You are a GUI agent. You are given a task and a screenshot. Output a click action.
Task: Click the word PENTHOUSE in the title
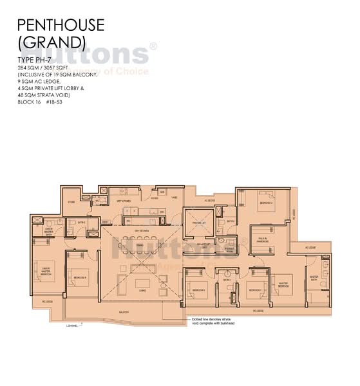(60, 25)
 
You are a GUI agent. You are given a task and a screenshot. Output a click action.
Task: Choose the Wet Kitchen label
(124, 201)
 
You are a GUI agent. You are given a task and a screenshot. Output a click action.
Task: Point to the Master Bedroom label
(281, 284)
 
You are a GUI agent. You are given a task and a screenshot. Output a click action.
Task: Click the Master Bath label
(315, 279)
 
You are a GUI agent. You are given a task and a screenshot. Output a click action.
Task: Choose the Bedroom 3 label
(198, 290)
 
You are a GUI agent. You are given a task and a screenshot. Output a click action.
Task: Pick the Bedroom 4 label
(254, 290)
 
